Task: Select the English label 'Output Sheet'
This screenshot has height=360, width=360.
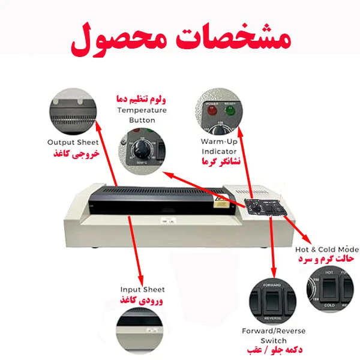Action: tap(74, 142)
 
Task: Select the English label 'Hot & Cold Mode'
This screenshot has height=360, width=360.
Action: tap(326, 249)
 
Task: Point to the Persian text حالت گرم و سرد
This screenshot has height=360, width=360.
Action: tap(327, 260)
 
